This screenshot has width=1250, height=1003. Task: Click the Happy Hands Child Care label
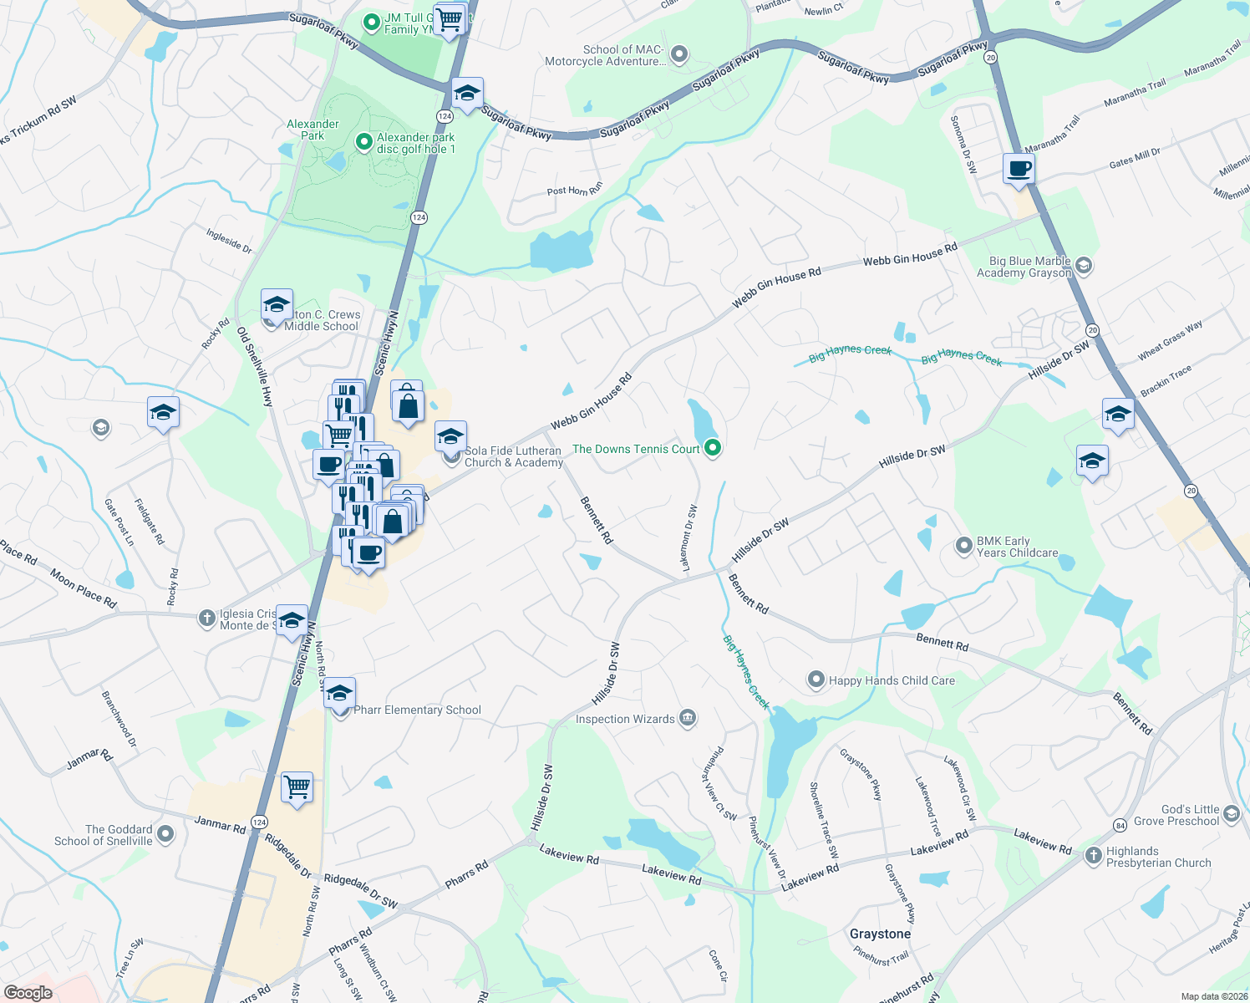point(892,680)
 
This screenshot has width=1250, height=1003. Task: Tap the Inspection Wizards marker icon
point(688,718)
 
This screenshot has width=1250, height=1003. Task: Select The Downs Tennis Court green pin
point(713,449)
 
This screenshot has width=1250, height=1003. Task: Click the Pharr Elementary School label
point(417,710)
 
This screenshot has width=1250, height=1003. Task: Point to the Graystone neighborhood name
point(880,934)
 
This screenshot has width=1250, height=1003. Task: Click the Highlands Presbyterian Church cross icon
point(1094,856)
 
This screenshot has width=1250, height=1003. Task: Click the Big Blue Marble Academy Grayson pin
point(1084,266)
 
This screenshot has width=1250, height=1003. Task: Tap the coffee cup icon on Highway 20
point(1019,168)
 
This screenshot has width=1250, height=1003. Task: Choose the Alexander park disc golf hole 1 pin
point(363,142)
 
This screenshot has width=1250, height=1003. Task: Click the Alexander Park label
point(312,130)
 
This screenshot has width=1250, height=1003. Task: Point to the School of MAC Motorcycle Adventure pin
point(679,55)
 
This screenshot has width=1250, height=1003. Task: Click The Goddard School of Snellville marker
point(165,833)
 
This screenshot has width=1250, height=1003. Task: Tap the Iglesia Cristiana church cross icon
point(206,619)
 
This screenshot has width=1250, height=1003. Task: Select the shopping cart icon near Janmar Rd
point(297,787)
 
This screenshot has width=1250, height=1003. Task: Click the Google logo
point(28,993)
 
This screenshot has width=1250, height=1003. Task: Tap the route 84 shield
point(1120,826)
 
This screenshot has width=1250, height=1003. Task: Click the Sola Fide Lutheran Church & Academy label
point(513,456)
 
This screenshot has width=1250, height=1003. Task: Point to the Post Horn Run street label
point(574,191)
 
